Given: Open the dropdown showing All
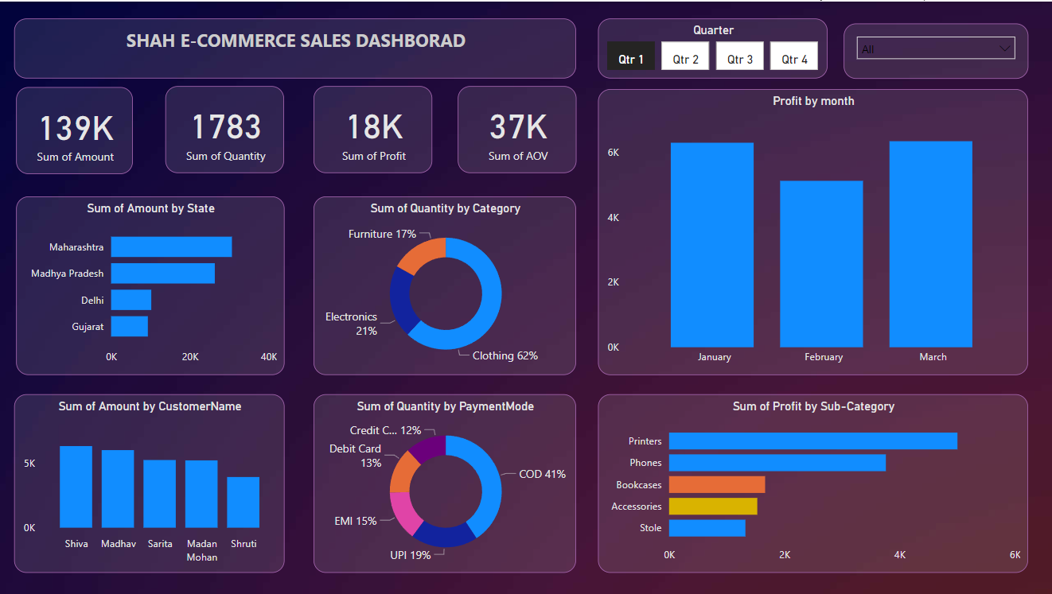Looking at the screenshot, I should [x=936, y=49].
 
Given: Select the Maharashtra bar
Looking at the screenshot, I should [x=171, y=247].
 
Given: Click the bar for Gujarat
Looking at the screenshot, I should [x=129, y=327].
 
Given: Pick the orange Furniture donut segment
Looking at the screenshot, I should [x=419, y=253].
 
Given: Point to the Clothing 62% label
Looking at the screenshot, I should [x=505, y=355].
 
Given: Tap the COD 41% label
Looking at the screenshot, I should [x=542, y=474].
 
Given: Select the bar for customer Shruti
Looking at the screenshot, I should [x=243, y=503].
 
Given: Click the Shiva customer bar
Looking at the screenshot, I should [x=76, y=487].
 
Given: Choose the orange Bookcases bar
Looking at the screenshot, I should [x=716, y=485].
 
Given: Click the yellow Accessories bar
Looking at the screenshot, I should [x=712, y=507].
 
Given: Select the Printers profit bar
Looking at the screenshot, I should [x=812, y=441].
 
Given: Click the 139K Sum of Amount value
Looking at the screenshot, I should [x=76, y=128].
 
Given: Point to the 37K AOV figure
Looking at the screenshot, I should [x=517, y=127].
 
